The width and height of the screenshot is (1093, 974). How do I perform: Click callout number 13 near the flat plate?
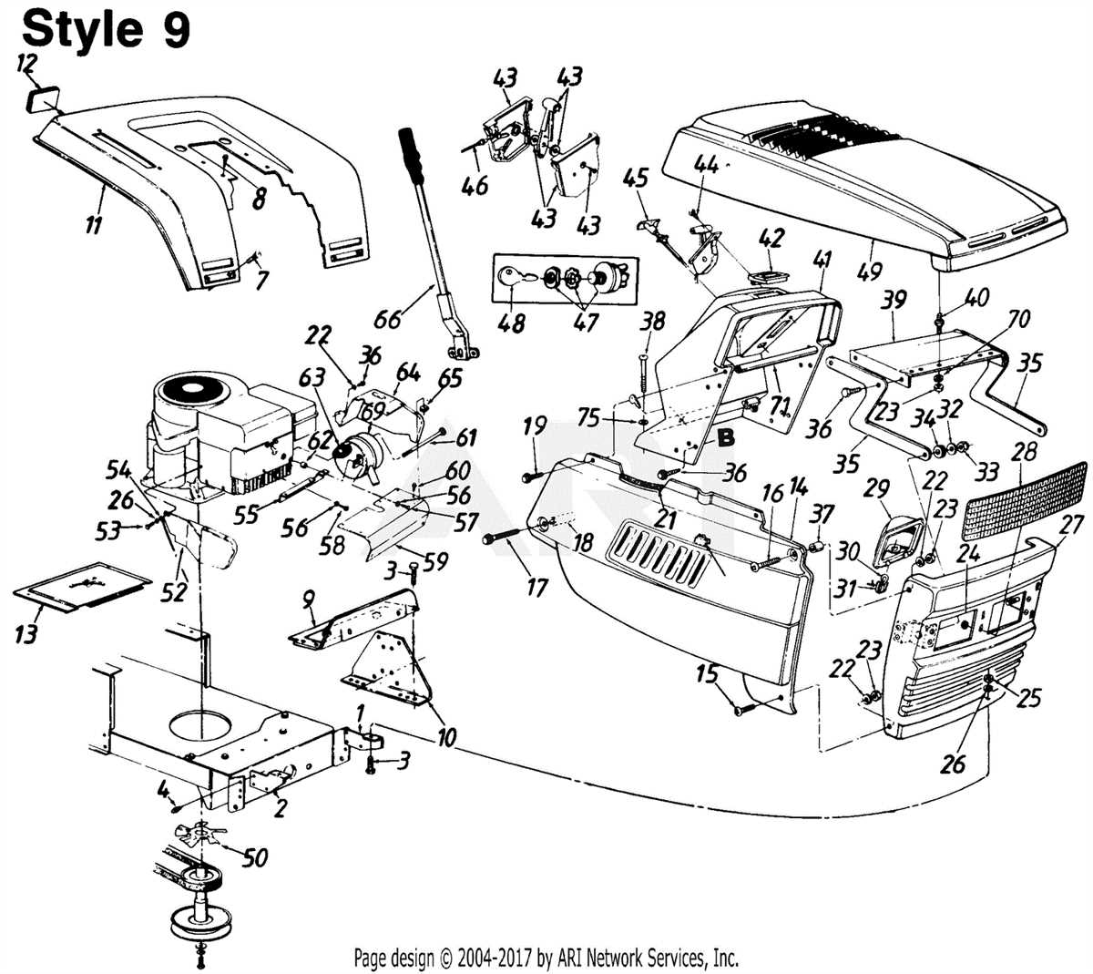click(x=26, y=632)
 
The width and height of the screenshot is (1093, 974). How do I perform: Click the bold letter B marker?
click(x=726, y=438)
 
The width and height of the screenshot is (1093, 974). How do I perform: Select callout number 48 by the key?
click(x=513, y=322)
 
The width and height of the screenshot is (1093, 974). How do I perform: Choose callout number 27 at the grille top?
click(x=1071, y=526)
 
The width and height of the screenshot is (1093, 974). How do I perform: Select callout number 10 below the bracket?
click(x=445, y=734)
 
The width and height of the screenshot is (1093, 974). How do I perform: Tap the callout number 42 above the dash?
click(x=771, y=239)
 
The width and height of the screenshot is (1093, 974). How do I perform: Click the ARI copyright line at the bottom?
click(x=546, y=958)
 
